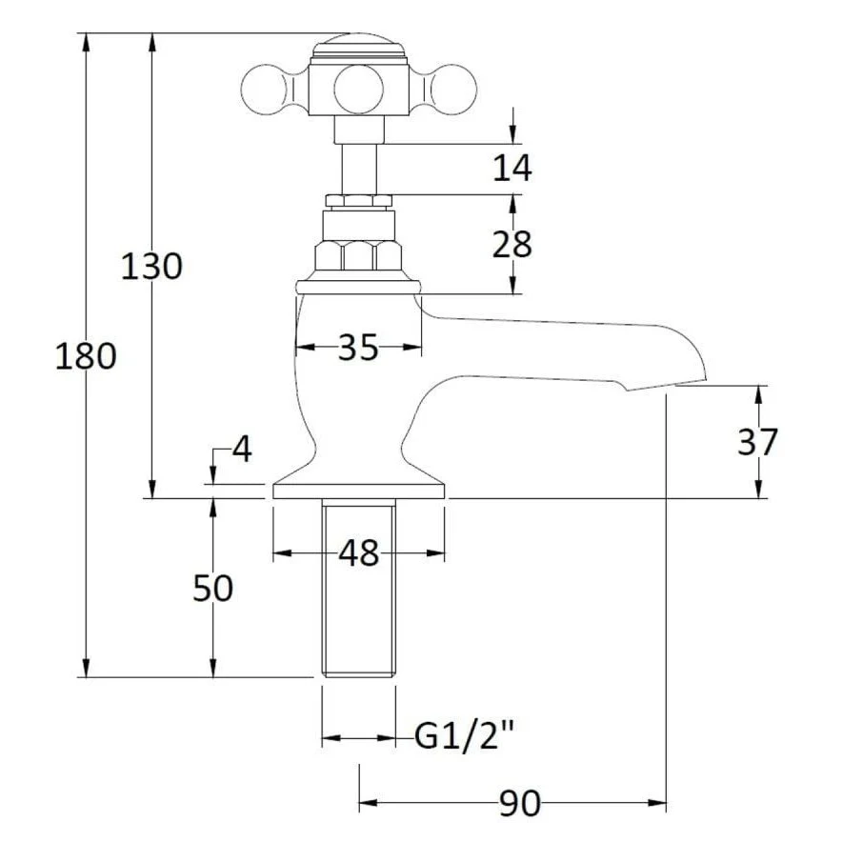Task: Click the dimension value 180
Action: [x=86, y=356]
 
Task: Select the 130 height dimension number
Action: [x=151, y=267]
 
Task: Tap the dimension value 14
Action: [x=512, y=168]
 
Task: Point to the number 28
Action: [x=512, y=244]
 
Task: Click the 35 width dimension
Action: [x=359, y=347]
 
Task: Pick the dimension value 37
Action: [x=757, y=441]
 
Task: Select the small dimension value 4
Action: [x=242, y=449]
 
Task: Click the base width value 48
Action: [x=359, y=553]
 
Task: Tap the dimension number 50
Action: [x=212, y=588]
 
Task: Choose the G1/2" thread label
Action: [x=465, y=735]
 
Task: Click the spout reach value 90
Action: [x=520, y=803]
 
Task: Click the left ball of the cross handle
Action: [x=263, y=89]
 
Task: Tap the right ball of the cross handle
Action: [x=454, y=89]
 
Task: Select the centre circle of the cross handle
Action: [x=359, y=89]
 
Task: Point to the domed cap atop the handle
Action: [x=359, y=45]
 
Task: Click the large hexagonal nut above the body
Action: [x=358, y=255]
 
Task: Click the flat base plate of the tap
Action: [x=359, y=491]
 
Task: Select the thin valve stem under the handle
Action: [x=359, y=170]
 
